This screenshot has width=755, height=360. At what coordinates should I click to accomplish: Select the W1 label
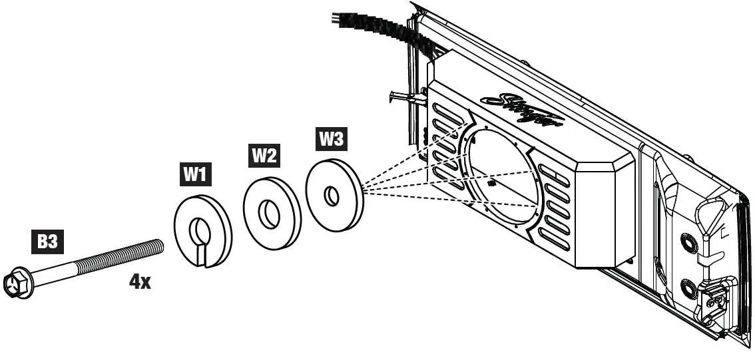click(x=193, y=175)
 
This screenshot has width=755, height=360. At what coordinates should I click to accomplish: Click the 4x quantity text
click(x=140, y=281)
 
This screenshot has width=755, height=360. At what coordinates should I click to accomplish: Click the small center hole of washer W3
click(x=331, y=196)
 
